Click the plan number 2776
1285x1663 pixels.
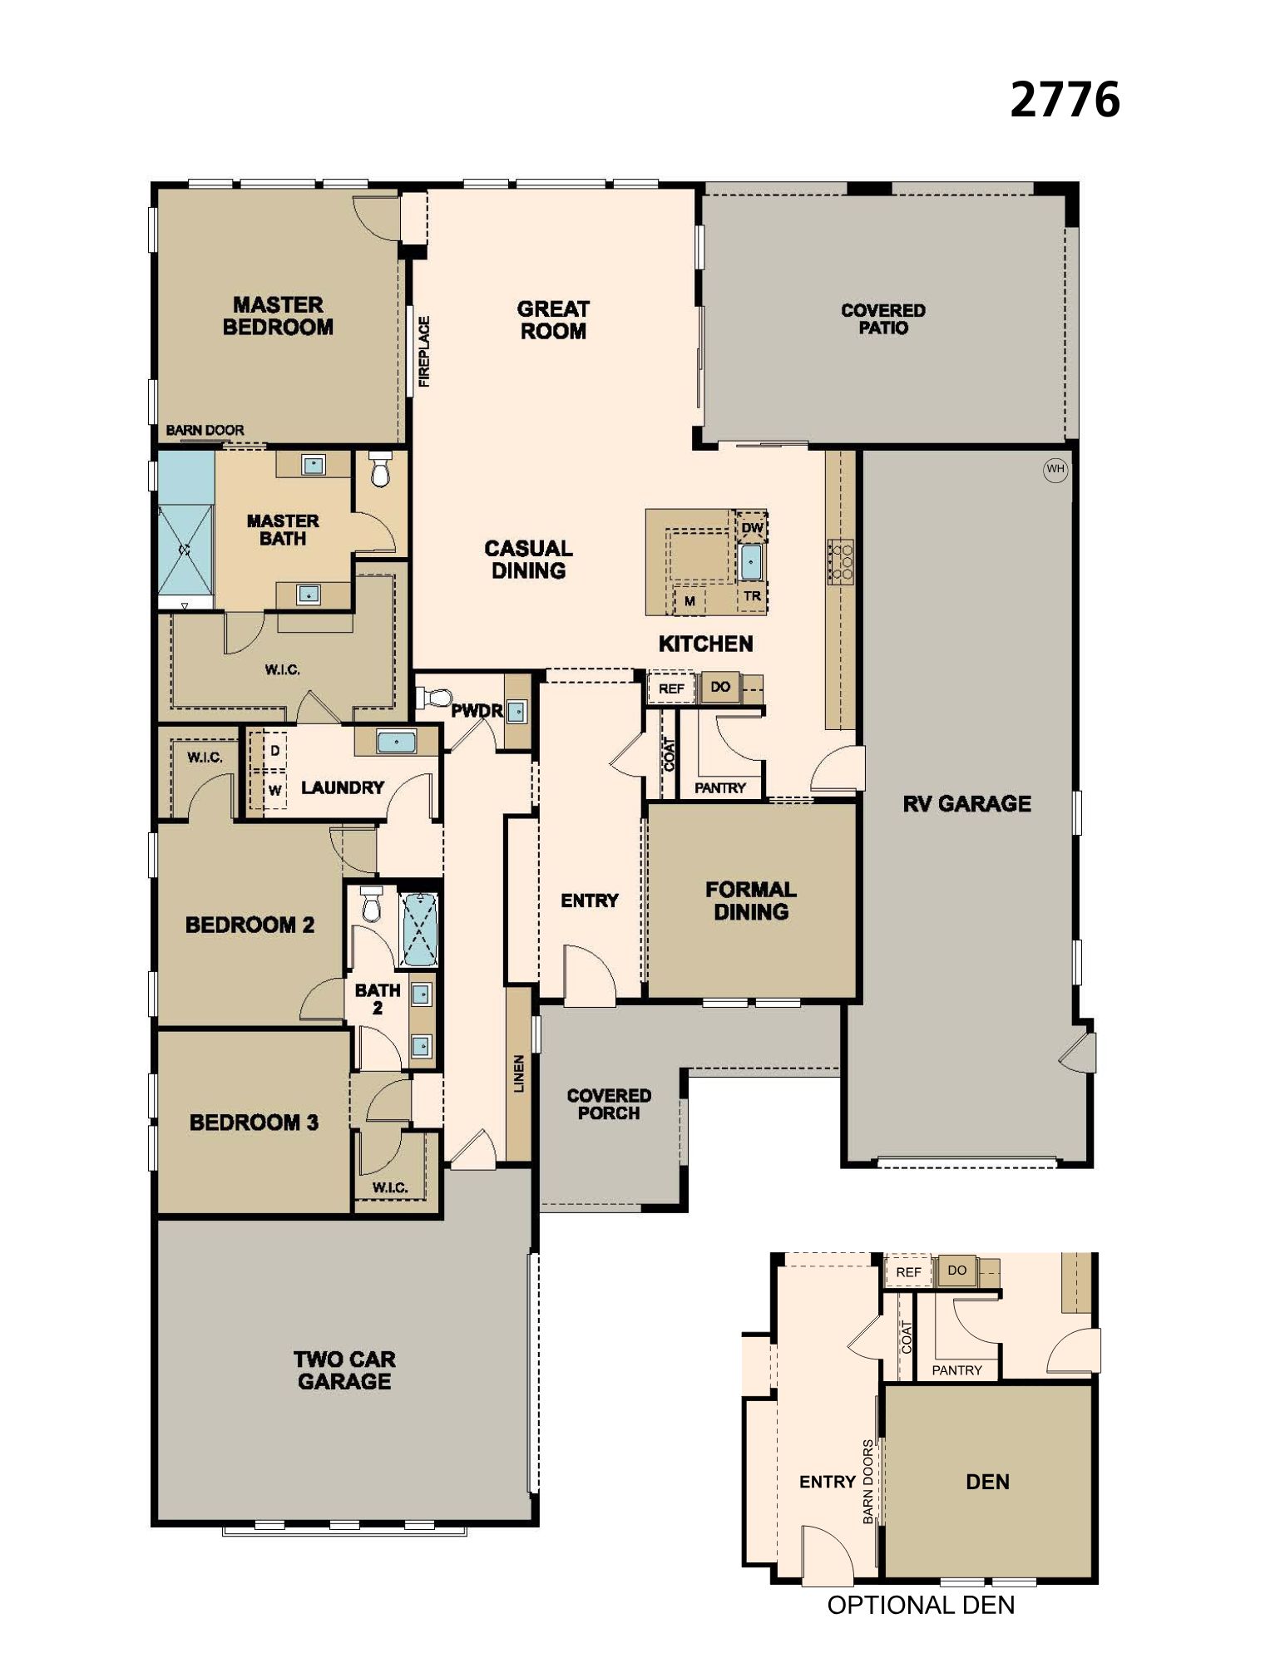pyautogui.click(x=1065, y=100)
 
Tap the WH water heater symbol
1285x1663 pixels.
pyautogui.click(x=1055, y=470)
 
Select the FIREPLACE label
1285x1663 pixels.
pyautogui.click(x=424, y=352)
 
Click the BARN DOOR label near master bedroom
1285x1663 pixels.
pyautogui.click(x=205, y=430)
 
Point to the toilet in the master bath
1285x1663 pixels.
pyautogui.click(x=380, y=469)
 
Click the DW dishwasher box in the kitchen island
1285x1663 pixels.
pyautogui.click(x=752, y=528)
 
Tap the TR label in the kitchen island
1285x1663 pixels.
pyautogui.click(x=752, y=596)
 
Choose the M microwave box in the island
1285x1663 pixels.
pyautogui.click(x=689, y=600)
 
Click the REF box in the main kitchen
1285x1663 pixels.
pyautogui.click(x=671, y=688)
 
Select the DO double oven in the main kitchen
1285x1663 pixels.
pyautogui.click(x=720, y=687)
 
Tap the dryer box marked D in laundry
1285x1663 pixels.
pyautogui.click(x=275, y=751)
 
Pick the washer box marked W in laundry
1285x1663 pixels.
pyautogui.click(x=275, y=790)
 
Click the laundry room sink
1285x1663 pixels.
pyautogui.click(x=396, y=741)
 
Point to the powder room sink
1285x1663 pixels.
pyautogui.click(x=516, y=711)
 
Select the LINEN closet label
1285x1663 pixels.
pyautogui.click(x=519, y=1073)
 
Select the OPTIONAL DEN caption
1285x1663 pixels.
pyautogui.click(x=921, y=1604)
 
